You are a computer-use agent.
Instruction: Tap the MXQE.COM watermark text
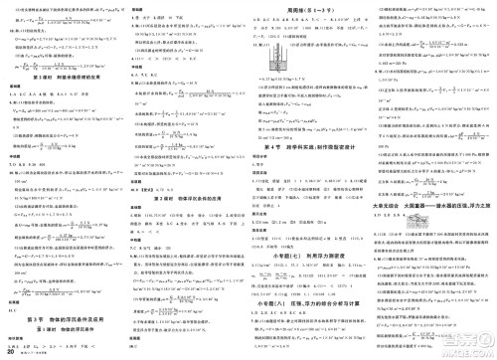coord(466,351)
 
